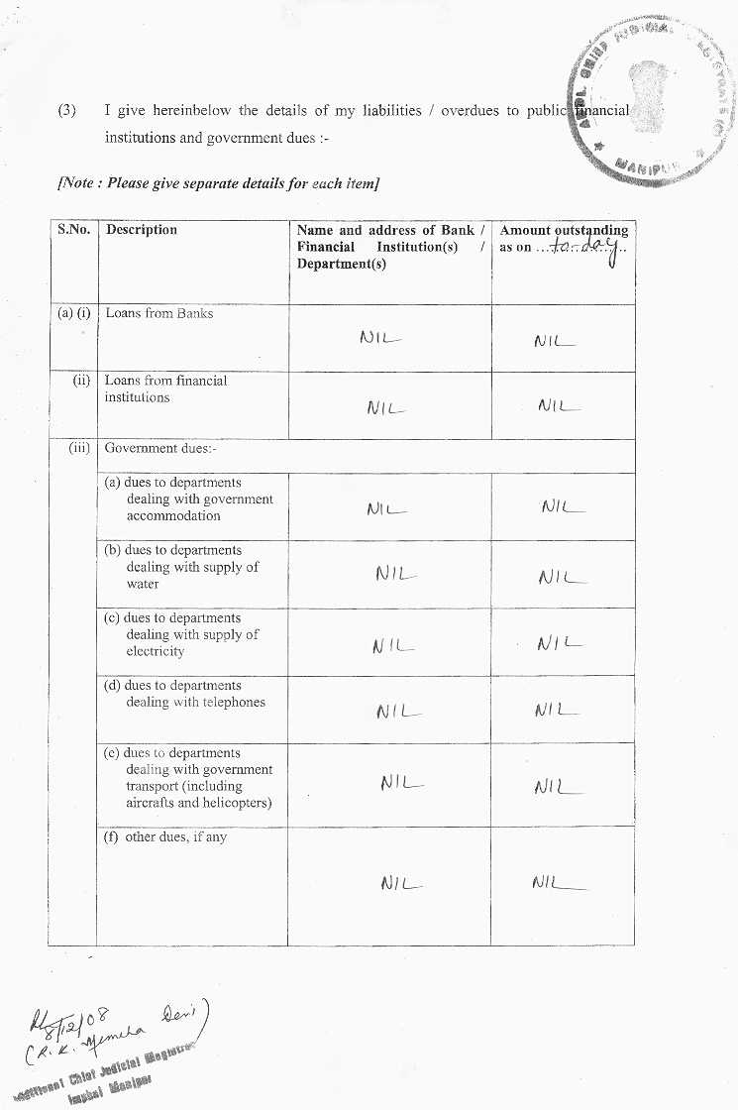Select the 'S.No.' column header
73,230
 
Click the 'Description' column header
142,230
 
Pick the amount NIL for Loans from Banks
554,341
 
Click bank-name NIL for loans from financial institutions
386,406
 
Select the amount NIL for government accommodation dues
562,507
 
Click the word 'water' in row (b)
143,584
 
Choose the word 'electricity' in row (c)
156,651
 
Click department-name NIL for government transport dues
401,783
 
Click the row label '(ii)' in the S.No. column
81,381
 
